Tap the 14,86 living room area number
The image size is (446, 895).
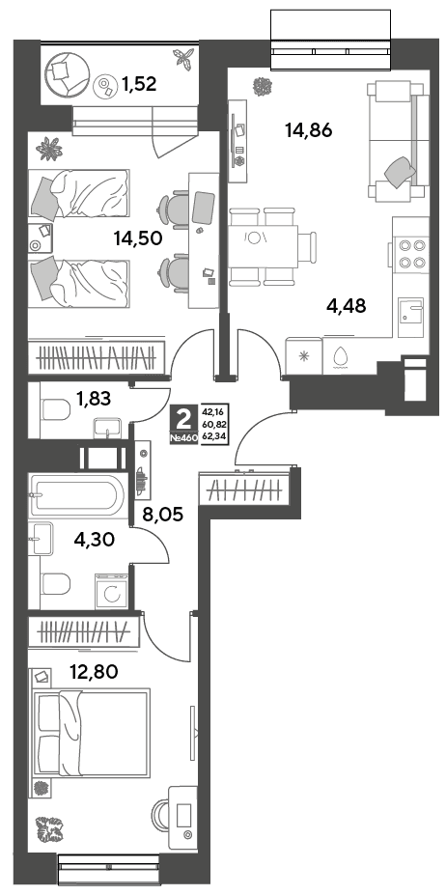(x=308, y=130)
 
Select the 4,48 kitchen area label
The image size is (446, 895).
(x=346, y=305)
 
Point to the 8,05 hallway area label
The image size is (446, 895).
(x=162, y=516)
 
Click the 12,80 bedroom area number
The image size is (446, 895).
(x=94, y=672)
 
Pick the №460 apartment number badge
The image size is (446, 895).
(x=183, y=438)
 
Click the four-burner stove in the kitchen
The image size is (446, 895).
(x=412, y=254)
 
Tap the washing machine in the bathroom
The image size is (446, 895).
(x=113, y=591)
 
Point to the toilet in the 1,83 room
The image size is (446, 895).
(x=55, y=408)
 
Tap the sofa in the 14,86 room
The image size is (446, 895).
(x=398, y=141)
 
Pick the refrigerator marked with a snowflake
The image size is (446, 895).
(x=304, y=355)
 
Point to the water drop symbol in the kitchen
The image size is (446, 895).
(x=342, y=356)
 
